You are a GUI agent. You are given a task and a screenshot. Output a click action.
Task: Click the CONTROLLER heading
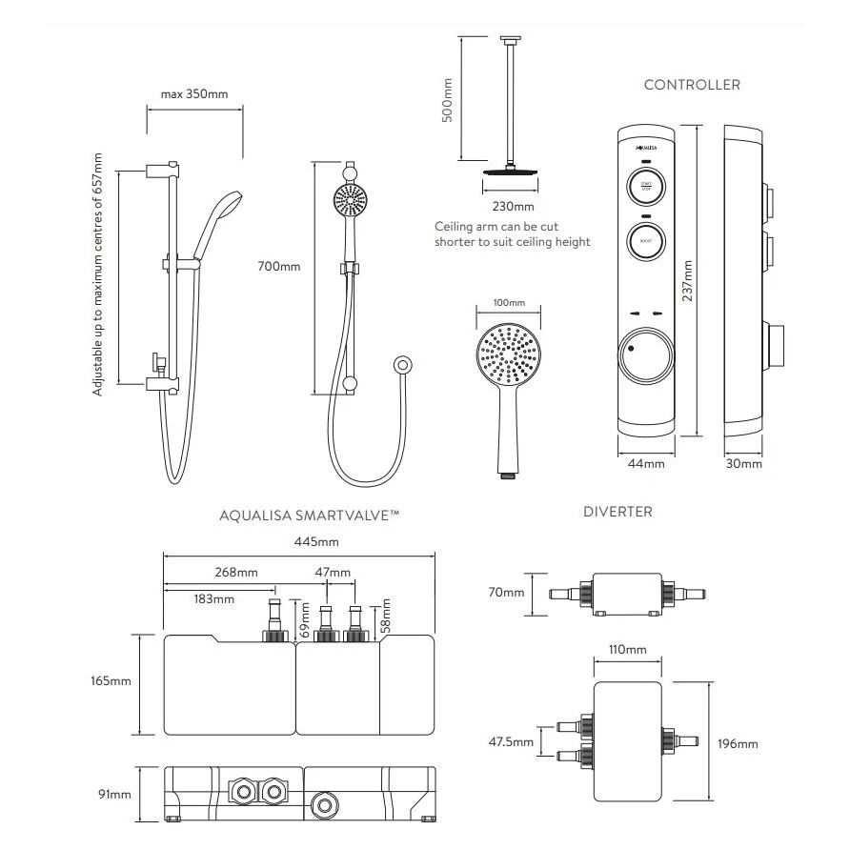click(692, 85)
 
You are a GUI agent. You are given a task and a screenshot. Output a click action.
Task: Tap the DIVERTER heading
click(617, 512)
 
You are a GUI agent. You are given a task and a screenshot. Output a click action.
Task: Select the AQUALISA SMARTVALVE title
click(309, 515)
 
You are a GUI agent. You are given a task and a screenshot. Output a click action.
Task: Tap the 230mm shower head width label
click(513, 206)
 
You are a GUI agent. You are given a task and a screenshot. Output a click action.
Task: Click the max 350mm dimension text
click(194, 94)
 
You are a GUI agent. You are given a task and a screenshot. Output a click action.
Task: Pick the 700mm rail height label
click(278, 266)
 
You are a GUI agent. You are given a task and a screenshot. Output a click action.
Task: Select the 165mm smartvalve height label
click(112, 681)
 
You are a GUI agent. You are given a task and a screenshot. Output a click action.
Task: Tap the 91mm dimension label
click(115, 793)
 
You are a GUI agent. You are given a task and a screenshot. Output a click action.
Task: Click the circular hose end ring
click(403, 364)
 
